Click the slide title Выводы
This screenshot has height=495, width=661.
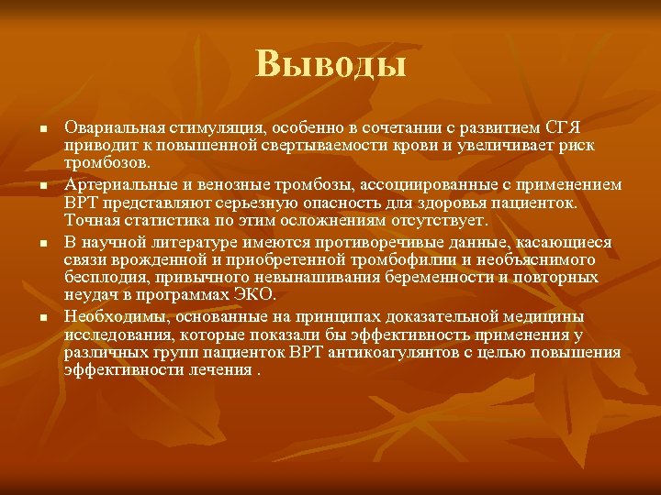click(x=330, y=64)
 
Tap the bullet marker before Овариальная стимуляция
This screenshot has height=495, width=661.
click(x=43, y=127)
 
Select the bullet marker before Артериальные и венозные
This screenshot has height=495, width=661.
click(x=43, y=186)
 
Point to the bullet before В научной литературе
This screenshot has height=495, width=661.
click(x=43, y=245)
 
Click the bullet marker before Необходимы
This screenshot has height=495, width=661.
click(x=43, y=318)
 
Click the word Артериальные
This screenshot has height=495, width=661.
click(x=114, y=185)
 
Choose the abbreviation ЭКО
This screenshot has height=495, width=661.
click(x=253, y=296)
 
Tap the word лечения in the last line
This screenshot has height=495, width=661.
click(x=218, y=370)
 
